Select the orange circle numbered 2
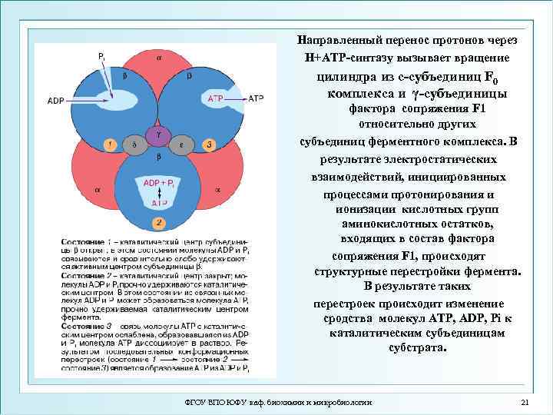(x=157, y=223)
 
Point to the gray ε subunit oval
(x=181, y=144)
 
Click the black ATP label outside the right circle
(x=256, y=98)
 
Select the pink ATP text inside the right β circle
(x=216, y=99)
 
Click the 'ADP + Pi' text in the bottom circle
(x=158, y=183)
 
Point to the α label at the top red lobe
(x=159, y=57)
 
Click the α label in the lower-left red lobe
(x=98, y=188)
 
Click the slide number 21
(x=525, y=403)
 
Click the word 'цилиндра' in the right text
(x=338, y=77)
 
